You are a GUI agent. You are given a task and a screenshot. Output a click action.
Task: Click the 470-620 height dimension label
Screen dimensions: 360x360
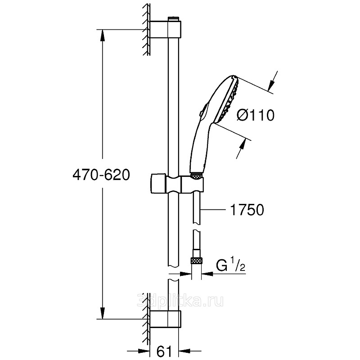(101, 175)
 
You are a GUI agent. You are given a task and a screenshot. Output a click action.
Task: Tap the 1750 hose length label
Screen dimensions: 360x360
(247, 210)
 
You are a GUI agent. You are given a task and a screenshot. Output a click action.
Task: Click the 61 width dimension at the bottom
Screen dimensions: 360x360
(164, 351)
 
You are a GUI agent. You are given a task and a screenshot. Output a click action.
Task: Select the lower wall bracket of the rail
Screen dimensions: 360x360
(166, 319)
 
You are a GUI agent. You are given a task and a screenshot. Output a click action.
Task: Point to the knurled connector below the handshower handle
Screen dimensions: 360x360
(197, 176)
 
